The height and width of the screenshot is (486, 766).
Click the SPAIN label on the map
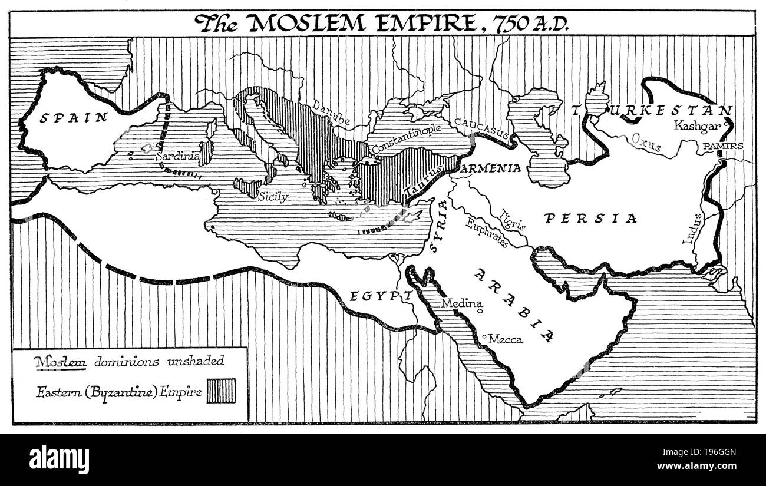(74, 117)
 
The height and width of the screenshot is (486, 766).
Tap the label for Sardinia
(177, 157)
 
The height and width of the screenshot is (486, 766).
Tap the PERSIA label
(591, 219)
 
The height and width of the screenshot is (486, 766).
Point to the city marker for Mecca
(484, 336)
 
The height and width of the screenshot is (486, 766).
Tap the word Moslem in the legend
(61, 361)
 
